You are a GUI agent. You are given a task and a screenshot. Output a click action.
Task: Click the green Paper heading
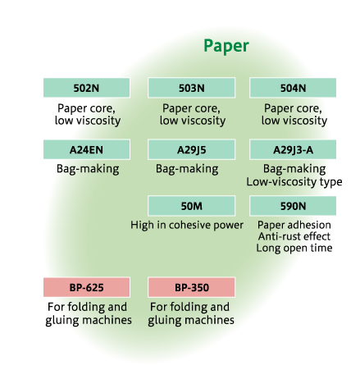[226, 46]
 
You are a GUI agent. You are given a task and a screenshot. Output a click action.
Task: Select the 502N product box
[87, 88]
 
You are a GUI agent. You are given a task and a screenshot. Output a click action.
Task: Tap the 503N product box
[191, 88]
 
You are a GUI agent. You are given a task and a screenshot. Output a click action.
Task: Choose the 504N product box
[293, 88]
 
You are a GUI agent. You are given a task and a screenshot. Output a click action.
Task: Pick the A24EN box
[87, 149]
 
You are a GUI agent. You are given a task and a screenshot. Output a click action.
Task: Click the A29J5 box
[191, 149]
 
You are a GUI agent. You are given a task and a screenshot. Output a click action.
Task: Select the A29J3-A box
[293, 149]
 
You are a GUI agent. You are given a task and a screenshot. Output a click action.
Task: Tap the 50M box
[191, 206]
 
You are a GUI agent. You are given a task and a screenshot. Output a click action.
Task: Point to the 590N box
[293, 206]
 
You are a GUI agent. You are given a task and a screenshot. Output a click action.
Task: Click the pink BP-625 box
[87, 287]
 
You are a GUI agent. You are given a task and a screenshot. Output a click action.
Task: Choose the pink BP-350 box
[191, 287]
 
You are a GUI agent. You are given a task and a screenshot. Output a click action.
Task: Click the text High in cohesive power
[187, 226]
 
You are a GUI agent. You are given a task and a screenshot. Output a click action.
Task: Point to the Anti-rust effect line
[294, 236]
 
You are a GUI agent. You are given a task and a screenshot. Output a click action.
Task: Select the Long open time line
[294, 248]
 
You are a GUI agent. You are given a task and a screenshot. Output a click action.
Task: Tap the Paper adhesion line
[294, 225]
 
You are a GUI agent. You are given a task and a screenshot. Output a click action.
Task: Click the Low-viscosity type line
[294, 182]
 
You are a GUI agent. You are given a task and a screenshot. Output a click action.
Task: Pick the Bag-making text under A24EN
[88, 169]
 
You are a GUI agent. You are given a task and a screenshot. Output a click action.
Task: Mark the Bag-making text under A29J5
[187, 169]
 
